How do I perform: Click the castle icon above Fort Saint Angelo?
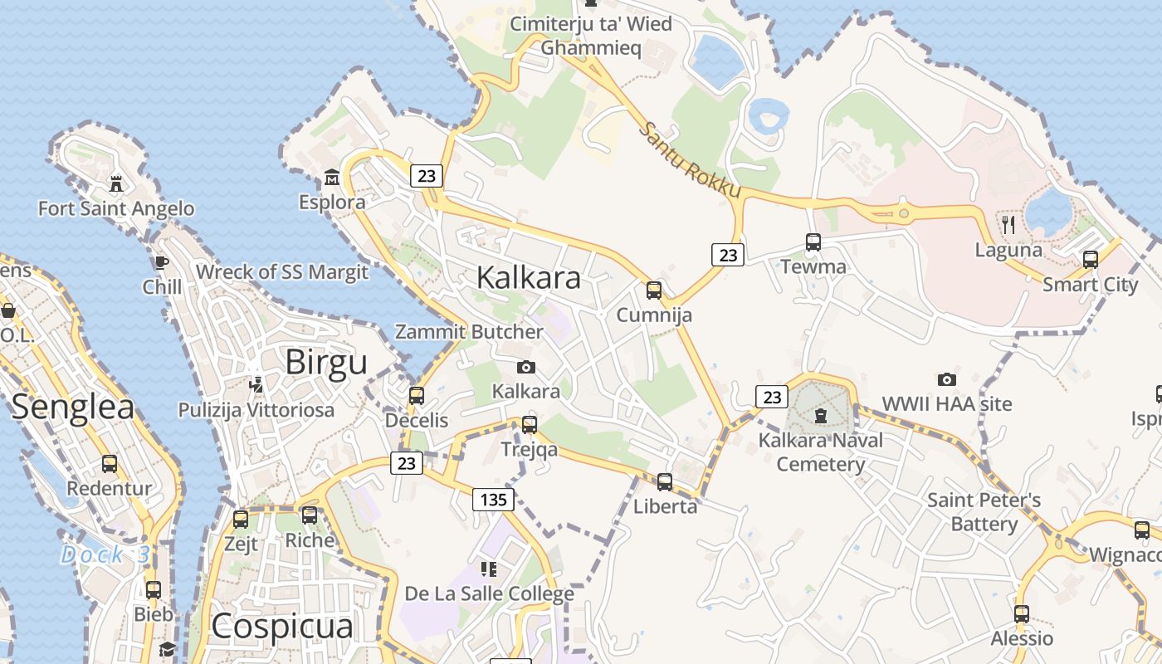coord(116,183)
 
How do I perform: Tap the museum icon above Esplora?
coord(332,178)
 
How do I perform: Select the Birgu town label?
coord(325,364)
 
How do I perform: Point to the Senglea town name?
coord(73,408)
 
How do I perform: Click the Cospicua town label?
coord(282,627)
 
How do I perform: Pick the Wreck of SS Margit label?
coord(281,272)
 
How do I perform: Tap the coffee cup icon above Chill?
coord(162,263)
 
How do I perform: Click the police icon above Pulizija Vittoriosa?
coord(256,385)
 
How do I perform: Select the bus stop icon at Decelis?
coord(417,396)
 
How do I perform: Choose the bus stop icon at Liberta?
coord(665,482)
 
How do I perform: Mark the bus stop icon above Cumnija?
coord(654,290)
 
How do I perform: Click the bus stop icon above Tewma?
coord(813,242)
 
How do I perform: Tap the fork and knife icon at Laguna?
coord(1008,224)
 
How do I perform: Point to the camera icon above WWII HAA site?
coord(947,379)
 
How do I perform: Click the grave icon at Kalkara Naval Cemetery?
coord(821,415)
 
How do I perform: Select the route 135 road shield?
coord(493,500)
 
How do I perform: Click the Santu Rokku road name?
coord(691,161)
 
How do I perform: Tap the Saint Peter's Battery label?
coord(984,512)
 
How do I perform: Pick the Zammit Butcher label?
coord(469,332)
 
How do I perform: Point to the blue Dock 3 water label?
coord(104,554)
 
